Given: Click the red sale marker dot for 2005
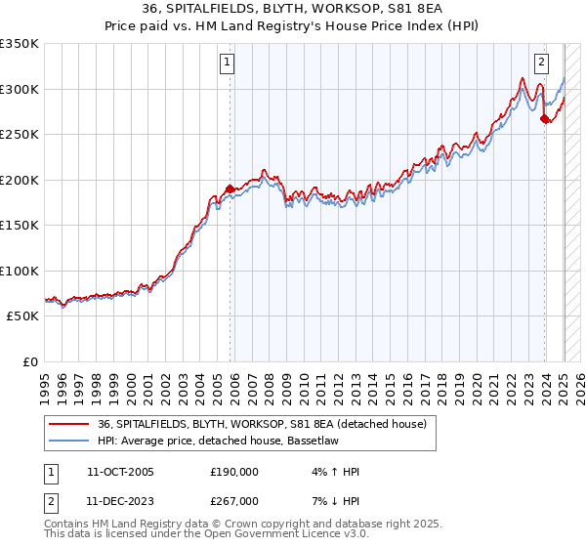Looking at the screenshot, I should coord(230,189).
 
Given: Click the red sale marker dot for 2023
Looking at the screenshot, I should coord(544,119).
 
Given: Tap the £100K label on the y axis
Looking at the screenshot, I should coord(20,271).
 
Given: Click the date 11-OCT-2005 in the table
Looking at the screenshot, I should coord(119,472).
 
